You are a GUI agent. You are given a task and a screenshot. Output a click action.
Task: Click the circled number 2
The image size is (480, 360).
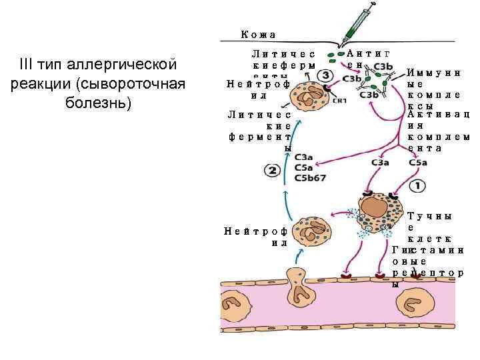pyautogui.click(x=272, y=171)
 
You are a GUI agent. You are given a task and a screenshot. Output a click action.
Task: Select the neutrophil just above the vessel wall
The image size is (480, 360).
pyautogui.click(x=311, y=229)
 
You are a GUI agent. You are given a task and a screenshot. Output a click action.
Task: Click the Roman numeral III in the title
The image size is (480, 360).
pyautogui.click(x=26, y=65)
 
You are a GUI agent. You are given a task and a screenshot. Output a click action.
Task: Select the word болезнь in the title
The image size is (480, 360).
pyautogui.click(x=103, y=105)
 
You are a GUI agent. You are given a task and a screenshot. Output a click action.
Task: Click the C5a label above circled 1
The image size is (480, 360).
pyautogui.click(x=418, y=162)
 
